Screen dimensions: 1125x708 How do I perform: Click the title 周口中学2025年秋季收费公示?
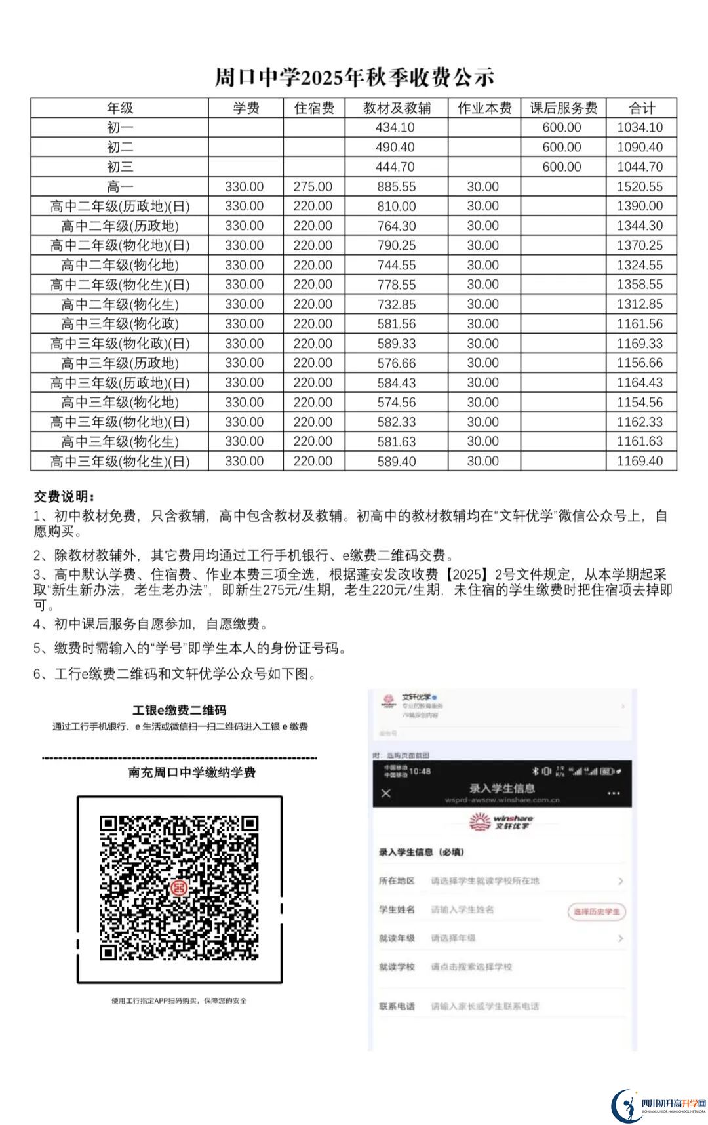tap(354, 77)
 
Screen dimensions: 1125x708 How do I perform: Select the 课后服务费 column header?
tap(563, 108)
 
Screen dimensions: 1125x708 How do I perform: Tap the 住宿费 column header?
tap(314, 108)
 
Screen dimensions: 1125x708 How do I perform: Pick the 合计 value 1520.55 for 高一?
tap(640, 187)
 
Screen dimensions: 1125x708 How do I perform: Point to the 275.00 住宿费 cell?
tap(313, 187)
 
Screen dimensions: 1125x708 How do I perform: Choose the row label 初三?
tap(120, 167)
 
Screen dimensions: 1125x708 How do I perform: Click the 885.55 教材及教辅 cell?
tap(396, 187)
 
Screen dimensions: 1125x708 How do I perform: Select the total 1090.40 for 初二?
tap(640, 148)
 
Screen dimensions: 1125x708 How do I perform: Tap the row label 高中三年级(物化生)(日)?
tap(120, 462)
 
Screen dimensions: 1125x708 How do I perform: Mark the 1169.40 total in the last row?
tap(640, 462)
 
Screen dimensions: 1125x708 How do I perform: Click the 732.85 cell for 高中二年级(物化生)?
tap(396, 304)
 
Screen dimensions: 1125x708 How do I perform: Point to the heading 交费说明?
tap(64, 496)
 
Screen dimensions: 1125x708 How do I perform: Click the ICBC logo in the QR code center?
tap(179, 888)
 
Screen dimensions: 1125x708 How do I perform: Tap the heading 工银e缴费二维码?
tap(179, 710)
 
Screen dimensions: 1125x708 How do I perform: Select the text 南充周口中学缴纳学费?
tap(191, 772)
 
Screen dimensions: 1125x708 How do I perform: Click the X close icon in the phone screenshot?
tap(386, 793)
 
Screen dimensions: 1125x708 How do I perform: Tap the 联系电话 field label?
tap(397, 1006)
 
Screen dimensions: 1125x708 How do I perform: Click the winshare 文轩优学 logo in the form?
tap(501, 822)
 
